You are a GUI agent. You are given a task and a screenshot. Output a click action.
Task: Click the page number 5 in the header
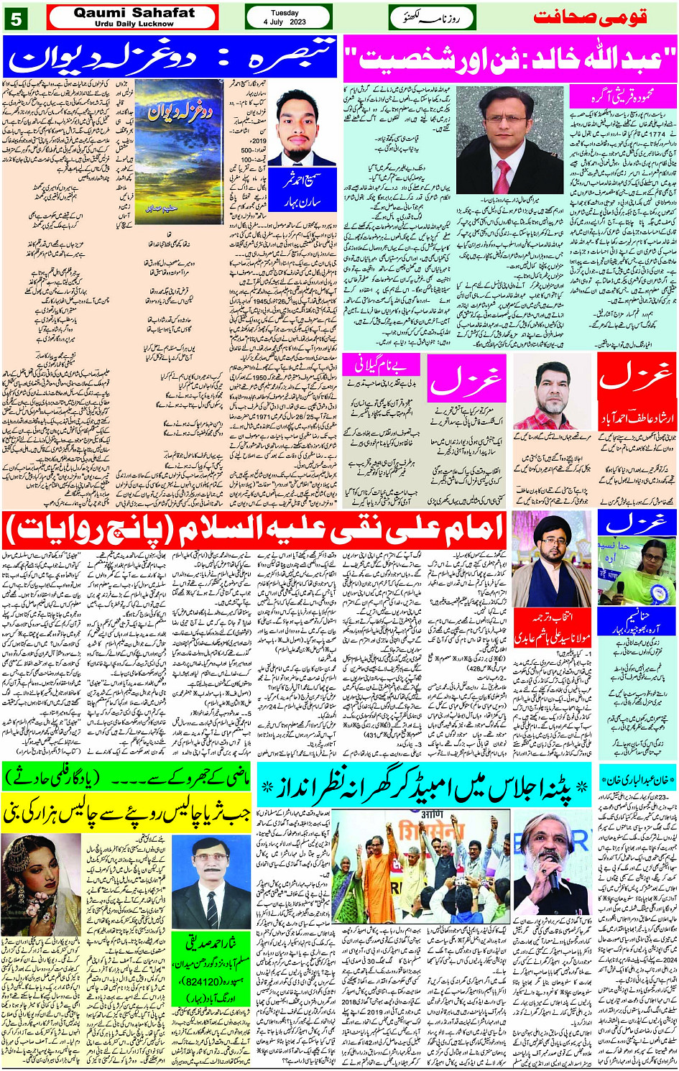click(x=15, y=18)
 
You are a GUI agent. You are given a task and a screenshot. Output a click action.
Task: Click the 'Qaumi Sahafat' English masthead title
click(x=134, y=13)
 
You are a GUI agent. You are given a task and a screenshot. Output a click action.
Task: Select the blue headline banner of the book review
click(x=170, y=58)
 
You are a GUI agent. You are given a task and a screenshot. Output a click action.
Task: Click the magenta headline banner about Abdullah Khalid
click(x=510, y=58)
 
